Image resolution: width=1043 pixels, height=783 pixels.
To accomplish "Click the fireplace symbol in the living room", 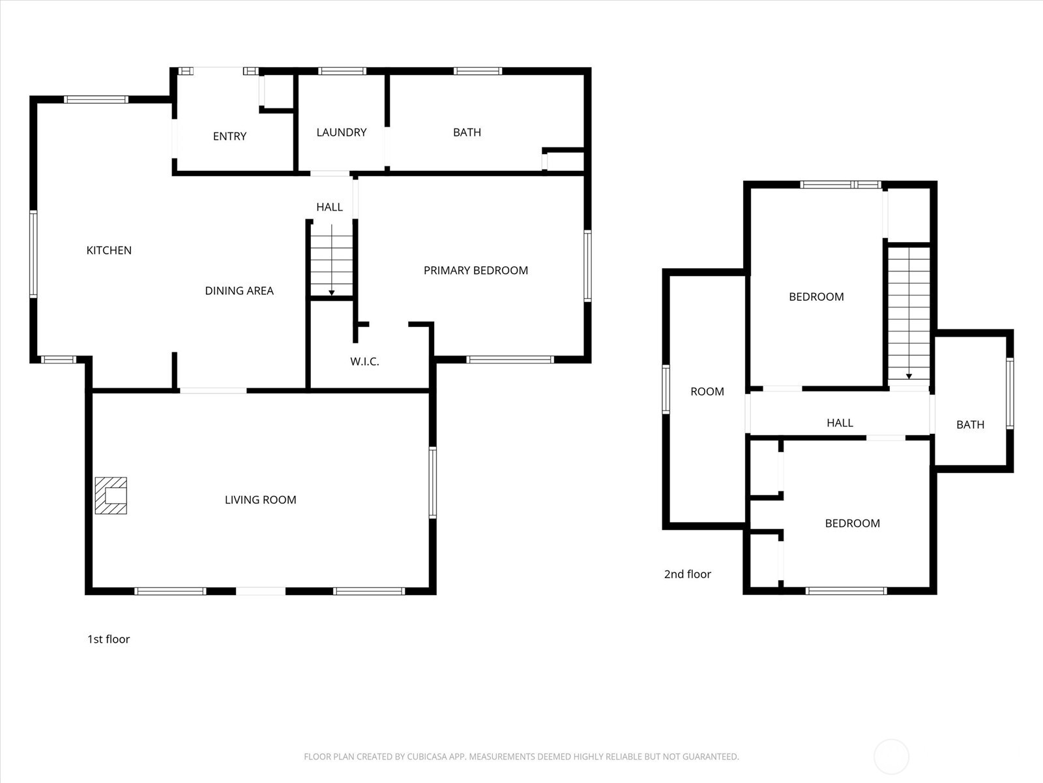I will [111, 495].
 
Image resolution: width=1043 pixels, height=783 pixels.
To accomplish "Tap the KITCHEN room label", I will [109, 250].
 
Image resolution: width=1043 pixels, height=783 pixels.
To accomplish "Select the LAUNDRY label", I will [341, 132].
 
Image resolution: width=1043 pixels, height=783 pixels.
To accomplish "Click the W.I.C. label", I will [364, 361].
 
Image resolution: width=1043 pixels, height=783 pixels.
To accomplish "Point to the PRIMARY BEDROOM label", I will [475, 270].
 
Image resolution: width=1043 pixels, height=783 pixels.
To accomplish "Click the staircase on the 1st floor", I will [331, 260].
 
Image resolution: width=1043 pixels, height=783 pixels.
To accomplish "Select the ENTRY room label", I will [229, 136].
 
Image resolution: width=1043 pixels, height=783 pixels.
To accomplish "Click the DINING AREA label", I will [239, 290].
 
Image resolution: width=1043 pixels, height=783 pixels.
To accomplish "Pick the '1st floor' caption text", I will [108, 639].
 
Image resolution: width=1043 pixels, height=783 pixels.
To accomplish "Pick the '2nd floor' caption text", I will [687, 574].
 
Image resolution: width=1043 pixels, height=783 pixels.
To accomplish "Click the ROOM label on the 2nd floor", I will [707, 391].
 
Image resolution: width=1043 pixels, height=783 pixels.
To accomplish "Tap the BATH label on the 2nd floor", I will [969, 424].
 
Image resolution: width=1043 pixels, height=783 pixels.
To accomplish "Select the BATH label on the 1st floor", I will [467, 132].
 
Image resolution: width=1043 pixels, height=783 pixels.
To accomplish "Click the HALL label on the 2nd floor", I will [839, 422].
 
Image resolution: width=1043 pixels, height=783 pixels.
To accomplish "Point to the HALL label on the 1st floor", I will [329, 207].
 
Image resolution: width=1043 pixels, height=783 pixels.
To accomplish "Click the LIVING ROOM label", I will [260, 499].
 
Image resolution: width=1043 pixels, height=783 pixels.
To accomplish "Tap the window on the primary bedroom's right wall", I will [587, 266].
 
